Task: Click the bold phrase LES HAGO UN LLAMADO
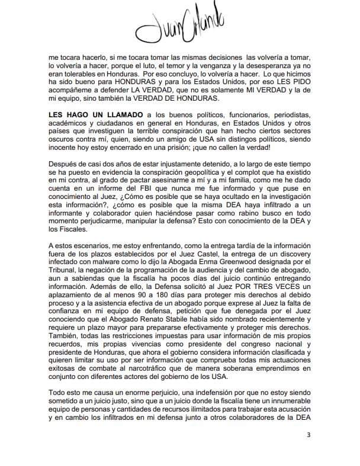point(87,113)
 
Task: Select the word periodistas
point(288,113)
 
